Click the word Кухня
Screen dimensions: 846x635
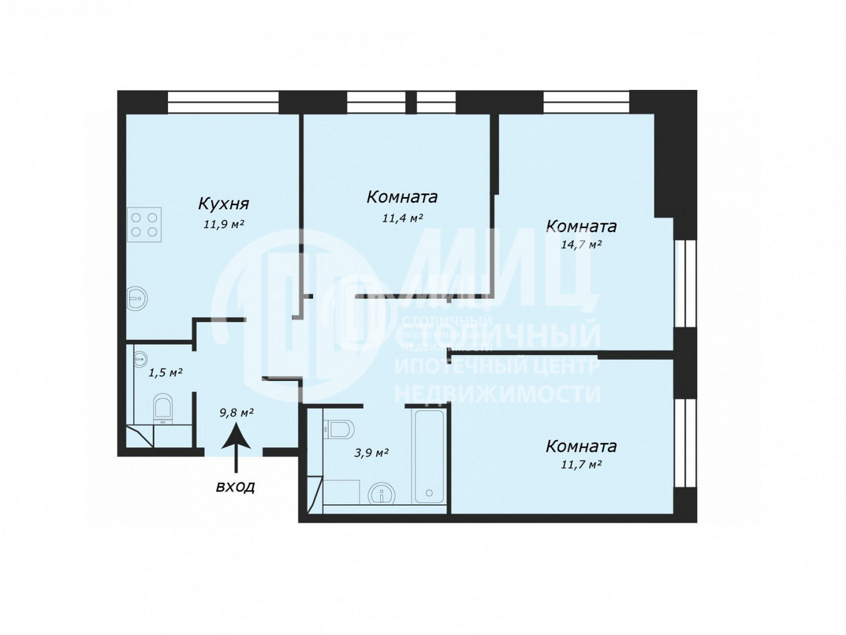click(223, 204)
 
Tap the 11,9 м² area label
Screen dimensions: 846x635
click(224, 224)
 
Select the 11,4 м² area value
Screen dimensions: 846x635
click(403, 218)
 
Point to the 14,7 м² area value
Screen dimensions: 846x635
click(581, 245)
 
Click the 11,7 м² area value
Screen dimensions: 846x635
click(581, 464)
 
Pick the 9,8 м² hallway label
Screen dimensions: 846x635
click(236, 413)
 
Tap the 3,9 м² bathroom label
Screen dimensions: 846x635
click(371, 452)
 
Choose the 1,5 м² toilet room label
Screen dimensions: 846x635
click(165, 373)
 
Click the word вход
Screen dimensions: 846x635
click(235, 487)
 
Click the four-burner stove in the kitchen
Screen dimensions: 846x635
click(144, 225)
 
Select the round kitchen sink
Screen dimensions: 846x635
click(137, 298)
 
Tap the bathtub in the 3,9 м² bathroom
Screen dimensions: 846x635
click(429, 456)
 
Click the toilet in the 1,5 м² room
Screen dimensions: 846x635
click(163, 409)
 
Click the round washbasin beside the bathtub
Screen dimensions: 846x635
click(381, 493)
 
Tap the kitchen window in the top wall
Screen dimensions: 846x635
click(223, 102)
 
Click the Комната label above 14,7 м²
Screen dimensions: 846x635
click(581, 226)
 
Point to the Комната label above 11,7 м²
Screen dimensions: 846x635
click(581, 446)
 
